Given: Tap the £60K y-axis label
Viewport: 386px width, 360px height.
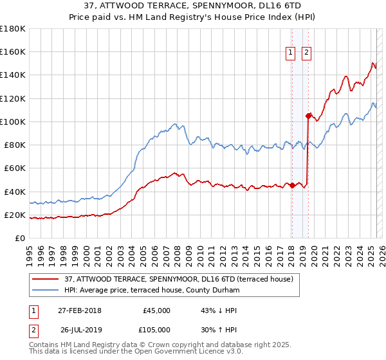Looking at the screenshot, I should tap(15, 168).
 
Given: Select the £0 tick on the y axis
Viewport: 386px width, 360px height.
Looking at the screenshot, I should tap(20, 239).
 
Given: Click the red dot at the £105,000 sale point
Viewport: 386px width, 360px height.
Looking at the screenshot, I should tap(308, 116).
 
